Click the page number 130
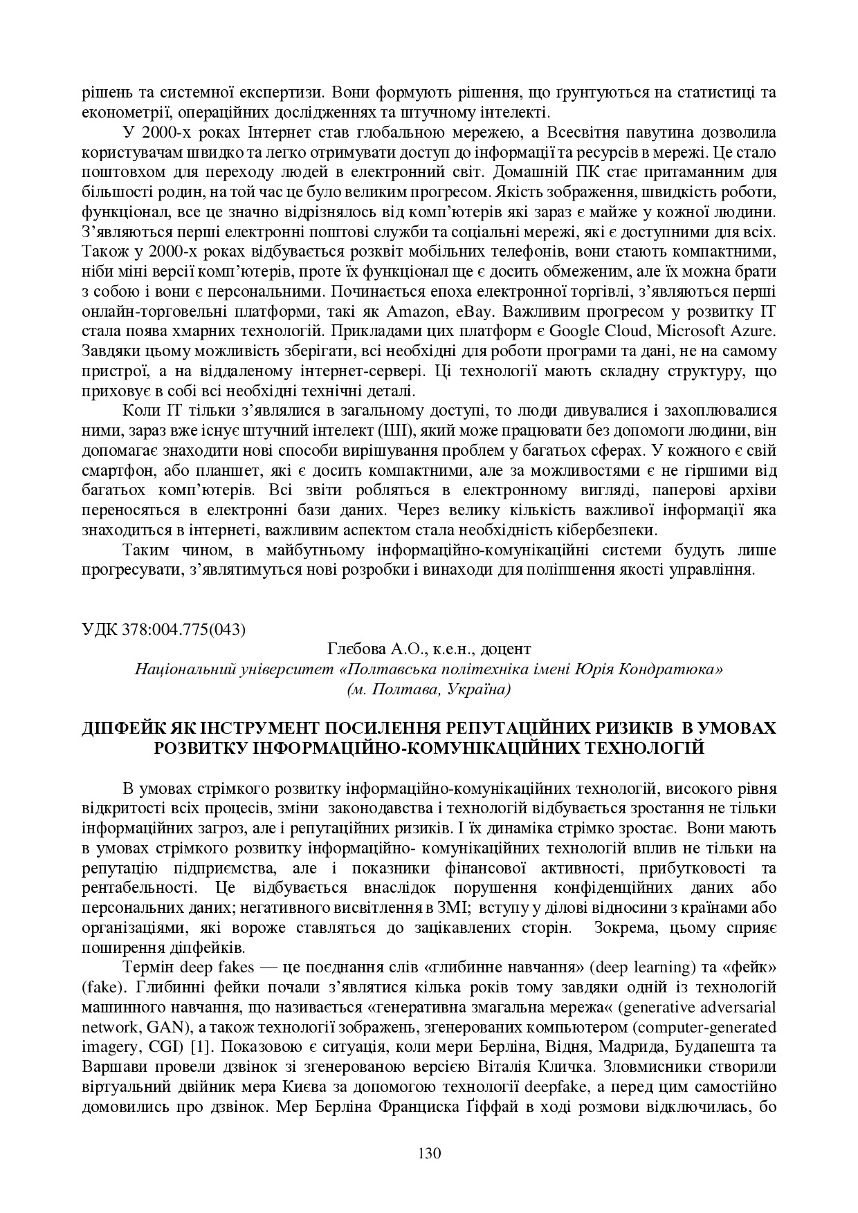(x=429, y=1153)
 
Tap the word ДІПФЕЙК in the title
(x=122, y=728)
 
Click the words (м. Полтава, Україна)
(x=428, y=689)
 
